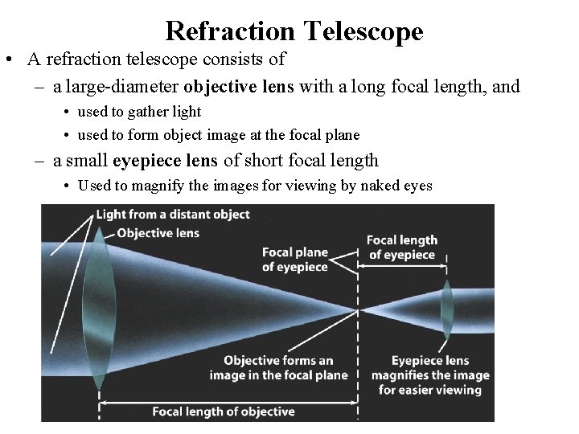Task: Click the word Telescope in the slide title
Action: point(363,31)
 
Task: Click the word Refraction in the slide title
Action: point(230,31)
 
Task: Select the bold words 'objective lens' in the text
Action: point(240,86)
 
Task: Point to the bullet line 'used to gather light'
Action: point(139,112)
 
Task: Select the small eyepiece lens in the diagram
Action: point(447,310)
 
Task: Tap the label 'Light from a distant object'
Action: point(173,215)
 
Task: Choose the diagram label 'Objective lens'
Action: point(158,233)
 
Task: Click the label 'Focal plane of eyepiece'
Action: point(295,259)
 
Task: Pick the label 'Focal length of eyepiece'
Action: point(402,248)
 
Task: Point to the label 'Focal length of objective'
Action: point(224,411)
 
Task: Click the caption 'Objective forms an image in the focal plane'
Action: point(278,367)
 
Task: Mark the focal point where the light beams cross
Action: point(356,310)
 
